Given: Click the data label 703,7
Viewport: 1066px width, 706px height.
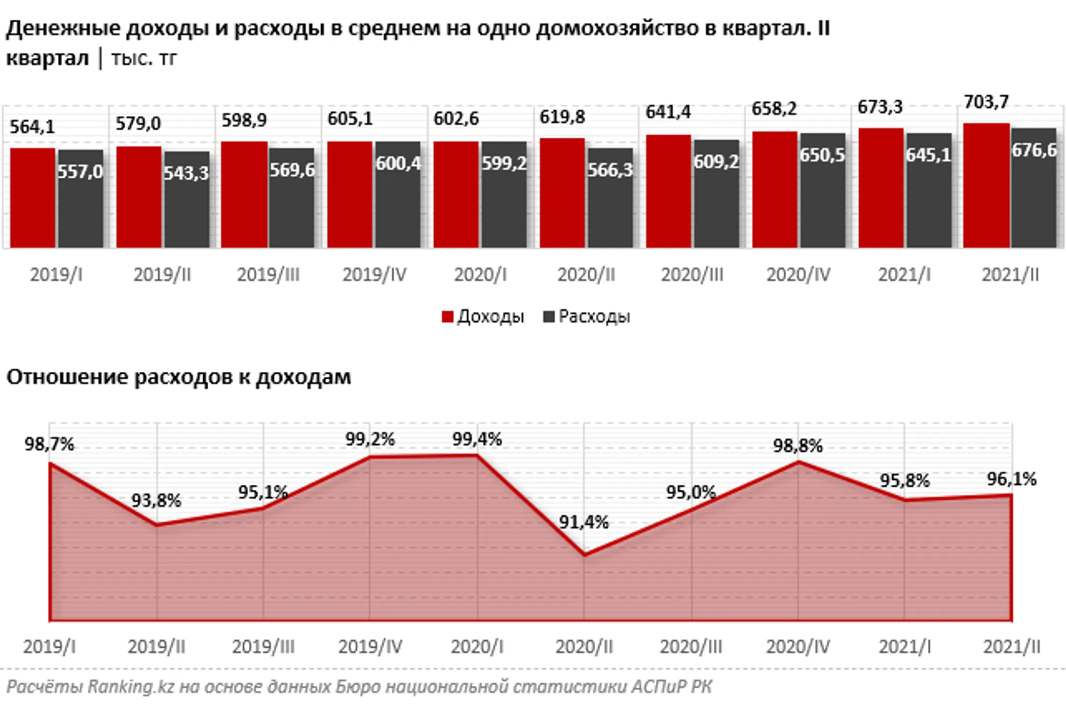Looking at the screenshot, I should [x=986, y=102].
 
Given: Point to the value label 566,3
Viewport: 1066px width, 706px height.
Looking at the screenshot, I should [x=610, y=170].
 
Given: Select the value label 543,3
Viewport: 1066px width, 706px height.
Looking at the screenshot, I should [x=186, y=173].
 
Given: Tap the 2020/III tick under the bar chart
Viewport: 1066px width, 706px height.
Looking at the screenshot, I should [x=692, y=275].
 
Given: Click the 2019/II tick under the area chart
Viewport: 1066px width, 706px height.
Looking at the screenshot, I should [x=156, y=647].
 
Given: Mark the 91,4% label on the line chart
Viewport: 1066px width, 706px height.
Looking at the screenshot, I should [x=583, y=522].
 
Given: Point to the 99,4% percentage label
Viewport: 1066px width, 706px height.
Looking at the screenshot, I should [x=477, y=439].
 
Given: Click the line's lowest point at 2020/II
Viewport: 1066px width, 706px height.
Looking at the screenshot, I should [x=584, y=555].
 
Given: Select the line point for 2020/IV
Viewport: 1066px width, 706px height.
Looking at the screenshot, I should [x=798, y=462].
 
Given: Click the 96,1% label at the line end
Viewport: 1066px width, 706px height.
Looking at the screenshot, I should [x=1011, y=479].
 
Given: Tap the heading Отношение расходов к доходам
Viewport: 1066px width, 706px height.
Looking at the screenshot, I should [x=179, y=377].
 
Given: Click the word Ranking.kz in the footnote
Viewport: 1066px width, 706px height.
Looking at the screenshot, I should [x=131, y=687].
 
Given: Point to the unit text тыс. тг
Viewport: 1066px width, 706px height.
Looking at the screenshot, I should [x=144, y=59].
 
